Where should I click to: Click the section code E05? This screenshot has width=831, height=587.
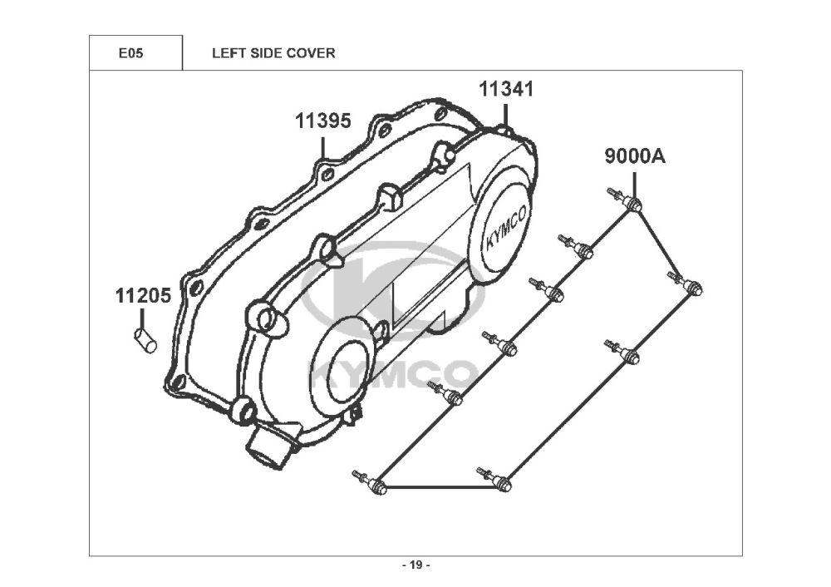[x=130, y=53]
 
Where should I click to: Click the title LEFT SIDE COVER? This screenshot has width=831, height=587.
[x=273, y=53]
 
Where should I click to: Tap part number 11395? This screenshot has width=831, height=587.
[x=322, y=121]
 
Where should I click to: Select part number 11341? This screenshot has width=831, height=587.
[x=504, y=90]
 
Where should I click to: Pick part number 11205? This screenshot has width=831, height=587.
[x=142, y=295]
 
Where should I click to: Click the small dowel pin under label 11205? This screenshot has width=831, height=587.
[x=144, y=338]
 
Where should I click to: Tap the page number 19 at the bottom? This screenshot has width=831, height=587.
[x=415, y=565]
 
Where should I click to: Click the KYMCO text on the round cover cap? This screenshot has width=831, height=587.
[x=501, y=234]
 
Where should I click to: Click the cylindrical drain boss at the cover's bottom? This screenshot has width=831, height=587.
[x=268, y=445]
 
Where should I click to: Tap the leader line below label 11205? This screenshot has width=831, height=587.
[x=142, y=317]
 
